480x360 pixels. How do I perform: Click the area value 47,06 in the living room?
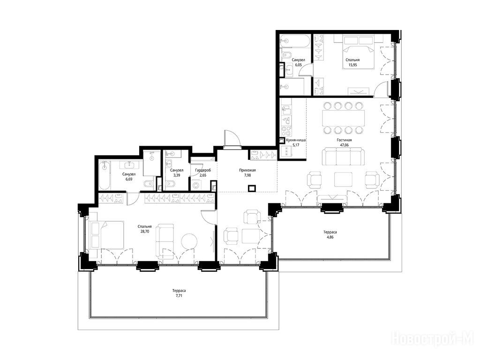(344, 145)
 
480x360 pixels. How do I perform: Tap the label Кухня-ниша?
(296, 140)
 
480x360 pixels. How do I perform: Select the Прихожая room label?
(247, 170)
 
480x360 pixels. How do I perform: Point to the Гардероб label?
(203, 170)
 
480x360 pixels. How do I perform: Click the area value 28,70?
(145, 232)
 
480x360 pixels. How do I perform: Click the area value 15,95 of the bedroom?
(352, 65)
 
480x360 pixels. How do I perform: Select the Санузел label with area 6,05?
(298, 60)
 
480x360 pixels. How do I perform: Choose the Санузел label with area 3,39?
(177, 170)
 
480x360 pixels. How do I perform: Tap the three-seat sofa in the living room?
(343, 157)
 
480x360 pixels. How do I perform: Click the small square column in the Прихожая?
(252, 188)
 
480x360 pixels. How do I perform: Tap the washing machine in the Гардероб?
(196, 185)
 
